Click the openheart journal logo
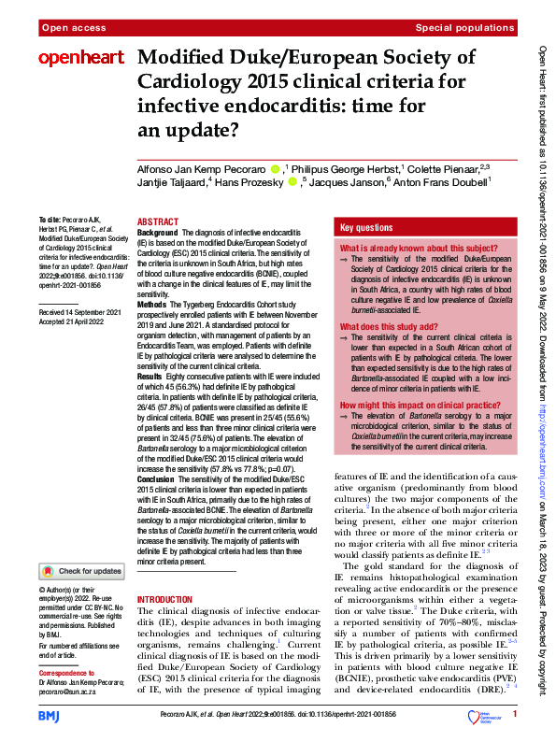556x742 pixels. [x=80, y=58]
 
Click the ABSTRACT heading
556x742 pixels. [x=157, y=221]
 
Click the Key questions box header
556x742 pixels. [x=366, y=228]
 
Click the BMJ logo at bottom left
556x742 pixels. [x=49, y=715]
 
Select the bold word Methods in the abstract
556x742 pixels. [x=153, y=304]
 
